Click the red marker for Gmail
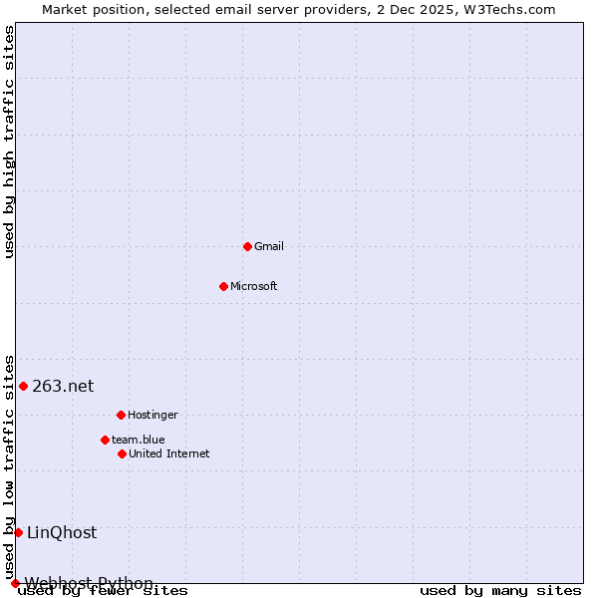click(x=247, y=246)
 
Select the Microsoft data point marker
click(x=223, y=286)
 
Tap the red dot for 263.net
click(x=23, y=386)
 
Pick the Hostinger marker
click(x=121, y=415)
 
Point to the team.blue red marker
click(x=105, y=440)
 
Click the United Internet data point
click(x=122, y=453)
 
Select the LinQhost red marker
click(x=18, y=532)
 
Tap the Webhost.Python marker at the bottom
click(x=15, y=583)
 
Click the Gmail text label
click(x=269, y=246)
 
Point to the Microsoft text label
click(x=254, y=286)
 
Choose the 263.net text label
click(x=63, y=386)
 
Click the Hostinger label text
click(x=152, y=415)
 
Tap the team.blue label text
click(x=139, y=440)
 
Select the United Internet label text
click(x=169, y=453)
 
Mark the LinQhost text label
click(x=62, y=532)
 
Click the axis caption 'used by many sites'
click(x=500, y=591)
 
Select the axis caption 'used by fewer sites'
click(x=104, y=591)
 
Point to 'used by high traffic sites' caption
click(x=10, y=142)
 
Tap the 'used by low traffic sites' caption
click(x=10, y=466)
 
